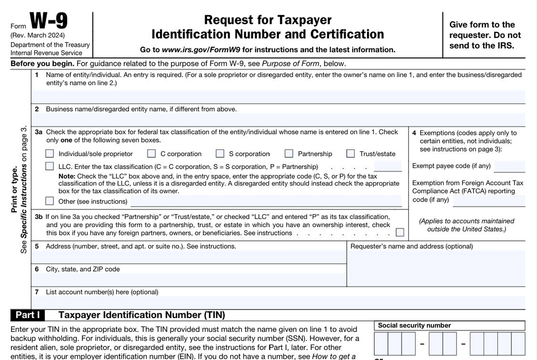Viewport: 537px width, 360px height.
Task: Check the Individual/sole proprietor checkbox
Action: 50,153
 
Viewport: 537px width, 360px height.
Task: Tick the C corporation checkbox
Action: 151,153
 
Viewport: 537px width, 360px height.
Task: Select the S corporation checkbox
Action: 220,153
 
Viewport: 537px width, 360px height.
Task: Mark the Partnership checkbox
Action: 289,153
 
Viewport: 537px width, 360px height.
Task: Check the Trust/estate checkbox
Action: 351,153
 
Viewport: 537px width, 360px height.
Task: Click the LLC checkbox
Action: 50,166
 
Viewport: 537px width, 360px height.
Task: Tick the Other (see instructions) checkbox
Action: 50,201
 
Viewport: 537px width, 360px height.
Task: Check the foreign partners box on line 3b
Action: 400,232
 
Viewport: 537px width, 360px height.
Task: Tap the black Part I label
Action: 28,315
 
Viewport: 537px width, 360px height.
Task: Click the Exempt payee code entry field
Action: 509,166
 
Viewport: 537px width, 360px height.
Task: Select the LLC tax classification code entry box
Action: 388,166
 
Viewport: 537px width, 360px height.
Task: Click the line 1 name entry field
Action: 278,96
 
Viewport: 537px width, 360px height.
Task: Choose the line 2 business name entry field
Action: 278,119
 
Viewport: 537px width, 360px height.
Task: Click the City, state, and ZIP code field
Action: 189,280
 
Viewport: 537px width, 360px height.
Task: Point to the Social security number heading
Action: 414,326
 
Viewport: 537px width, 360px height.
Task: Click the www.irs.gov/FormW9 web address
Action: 201,50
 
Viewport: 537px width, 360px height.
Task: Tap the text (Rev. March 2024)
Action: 37,35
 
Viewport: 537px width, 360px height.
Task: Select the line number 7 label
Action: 37,292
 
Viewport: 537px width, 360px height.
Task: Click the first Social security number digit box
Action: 381,344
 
